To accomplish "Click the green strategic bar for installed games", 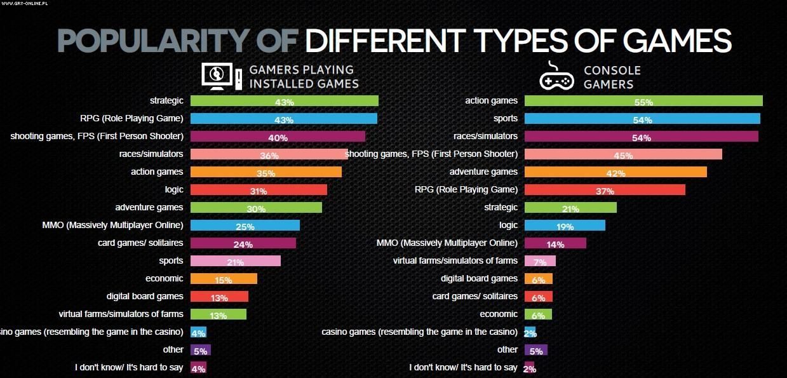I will pyautogui.click(x=284, y=101).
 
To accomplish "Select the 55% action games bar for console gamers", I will pyautogui.click(x=643, y=101).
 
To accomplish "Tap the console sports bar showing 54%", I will pyautogui.click(x=642, y=119).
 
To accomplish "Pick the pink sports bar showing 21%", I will pyautogui.click(x=236, y=261).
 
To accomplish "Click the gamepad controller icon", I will pyautogui.click(x=556, y=78).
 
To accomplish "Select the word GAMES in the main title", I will pyautogui.click(x=677, y=41).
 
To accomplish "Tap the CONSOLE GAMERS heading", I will pyautogui.click(x=612, y=77).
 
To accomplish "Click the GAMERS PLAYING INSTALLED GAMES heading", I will pyautogui.click(x=304, y=77).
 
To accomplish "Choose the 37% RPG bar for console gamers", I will pyautogui.click(x=605, y=190).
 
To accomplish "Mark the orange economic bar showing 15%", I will pyautogui.click(x=224, y=279).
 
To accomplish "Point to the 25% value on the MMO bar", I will pyautogui.click(x=245, y=226).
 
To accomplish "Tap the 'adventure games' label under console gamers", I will pyautogui.click(x=483, y=172).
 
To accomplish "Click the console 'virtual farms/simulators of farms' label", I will pyautogui.click(x=455, y=260).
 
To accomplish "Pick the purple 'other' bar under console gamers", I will pyautogui.click(x=536, y=350).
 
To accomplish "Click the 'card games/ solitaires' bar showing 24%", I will pyautogui.click(x=243, y=243).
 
